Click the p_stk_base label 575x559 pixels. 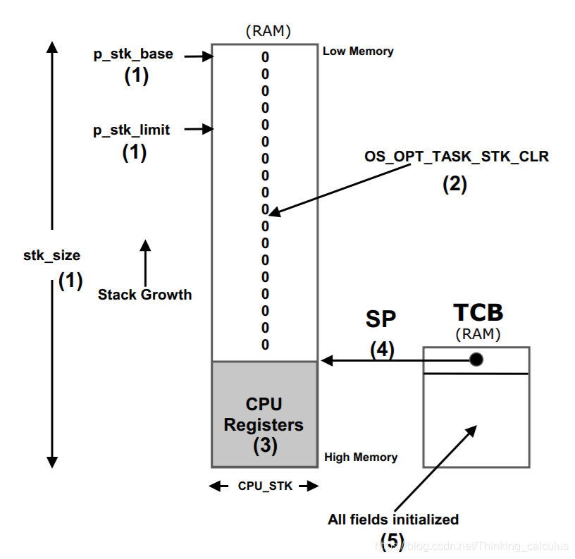pyautogui.click(x=133, y=54)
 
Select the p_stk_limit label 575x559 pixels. pyautogui.click(x=131, y=130)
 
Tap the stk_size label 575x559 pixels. pyautogui.click(x=51, y=256)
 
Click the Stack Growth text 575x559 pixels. pyautogui.click(x=145, y=295)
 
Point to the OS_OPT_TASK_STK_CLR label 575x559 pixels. pyautogui.click(x=457, y=156)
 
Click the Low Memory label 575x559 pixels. pyautogui.click(x=358, y=51)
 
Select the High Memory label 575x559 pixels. pyautogui.click(x=361, y=457)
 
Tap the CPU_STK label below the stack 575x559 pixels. pyautogui.click(x=265, y=486)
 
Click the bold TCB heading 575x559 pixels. pyautogui.click(x=478, y=313)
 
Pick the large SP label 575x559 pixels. pyautogui.click(x=381, y=319)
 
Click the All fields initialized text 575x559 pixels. pyautogui.click(x=393, y=520)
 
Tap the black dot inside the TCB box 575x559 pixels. pyautogui.click(x=476, y=360)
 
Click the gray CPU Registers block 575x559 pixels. pyautogui.click(x=264, y=414)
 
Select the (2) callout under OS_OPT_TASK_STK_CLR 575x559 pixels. pyautogui.click(x=455, y=184)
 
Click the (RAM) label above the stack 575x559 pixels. pyautogui.click(x=268, y=31)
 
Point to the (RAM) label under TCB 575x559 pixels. pyautogui.click(x=478, y=334)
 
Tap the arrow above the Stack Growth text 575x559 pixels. pyautogui.click(x=146, y=263)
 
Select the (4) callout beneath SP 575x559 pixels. pyautogui.click(x=382, y=350)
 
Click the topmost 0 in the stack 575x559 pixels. pyautogui.click(x=265, y=57)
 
